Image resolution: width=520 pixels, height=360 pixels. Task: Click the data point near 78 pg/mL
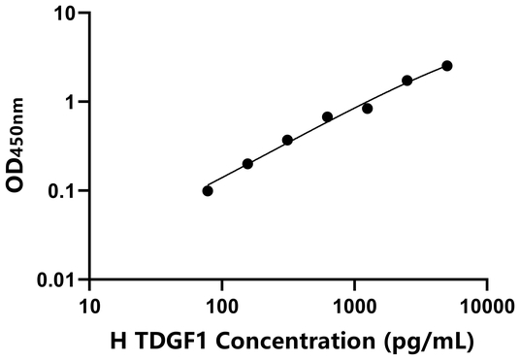pyautogui.click(x=208, y=190)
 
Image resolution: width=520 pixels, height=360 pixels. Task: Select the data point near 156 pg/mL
pyautogui.click(x=247, y=164)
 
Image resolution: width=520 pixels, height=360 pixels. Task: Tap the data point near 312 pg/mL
pyautogui.click(x=287, y=140)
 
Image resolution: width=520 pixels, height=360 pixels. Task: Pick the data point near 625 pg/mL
pyautogui.click(x=327, y=116)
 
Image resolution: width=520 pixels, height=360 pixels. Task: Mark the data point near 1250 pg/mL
pyautogui.click(x=367, y=108)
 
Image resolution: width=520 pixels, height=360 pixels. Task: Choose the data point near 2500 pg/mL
pyautogui.click(x=406, y=81)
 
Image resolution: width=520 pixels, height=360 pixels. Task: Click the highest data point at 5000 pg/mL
pyautogui.click(x=446, y=66)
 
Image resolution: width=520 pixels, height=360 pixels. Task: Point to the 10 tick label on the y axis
pyautogui.click(x=63, y=14)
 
